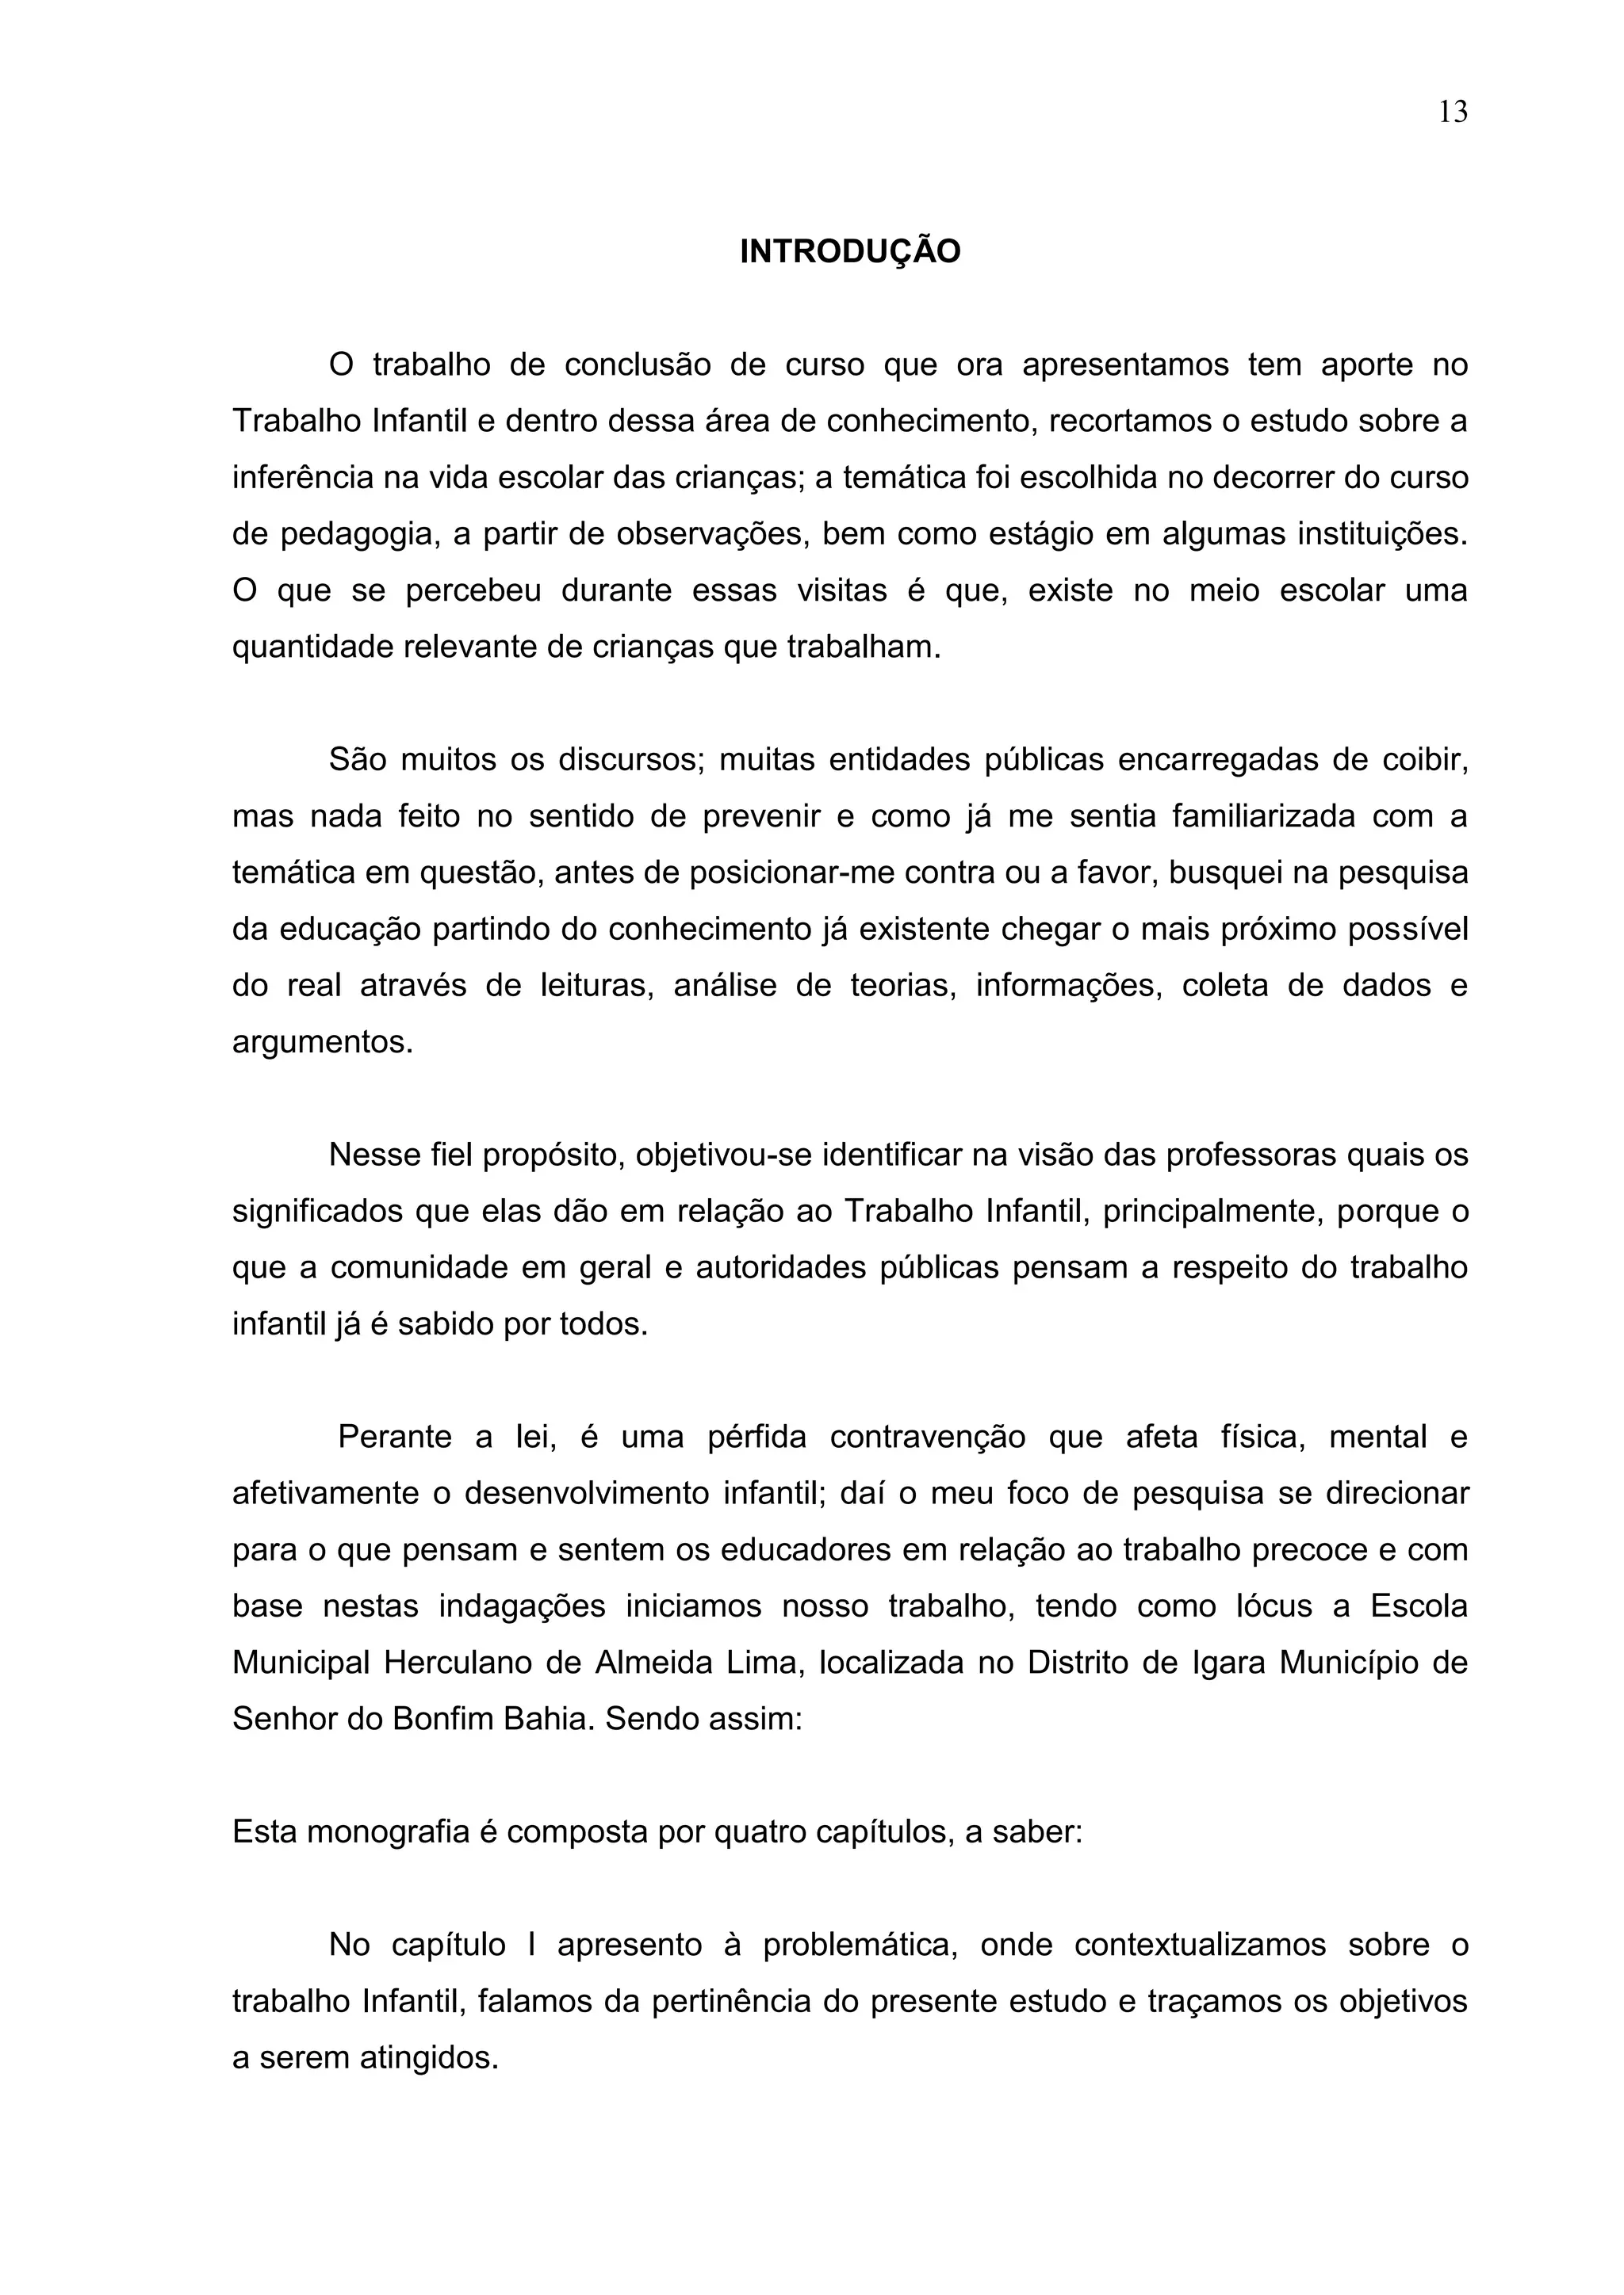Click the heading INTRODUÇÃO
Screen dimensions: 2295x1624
pos(850,252)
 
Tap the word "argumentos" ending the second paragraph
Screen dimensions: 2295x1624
pos(321,1043)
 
